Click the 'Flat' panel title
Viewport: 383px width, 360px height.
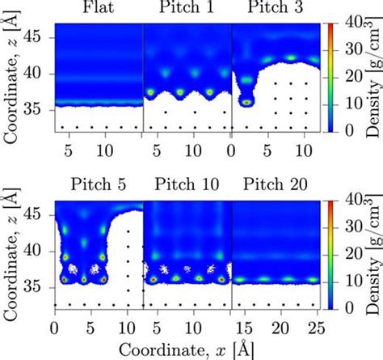[98, 10]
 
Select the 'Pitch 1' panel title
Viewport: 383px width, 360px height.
[187, 10]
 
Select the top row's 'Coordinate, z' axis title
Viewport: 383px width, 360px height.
[11, 78]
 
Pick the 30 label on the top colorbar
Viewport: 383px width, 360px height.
[342, 51]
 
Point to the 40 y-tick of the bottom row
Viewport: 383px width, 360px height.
[40, 252]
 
